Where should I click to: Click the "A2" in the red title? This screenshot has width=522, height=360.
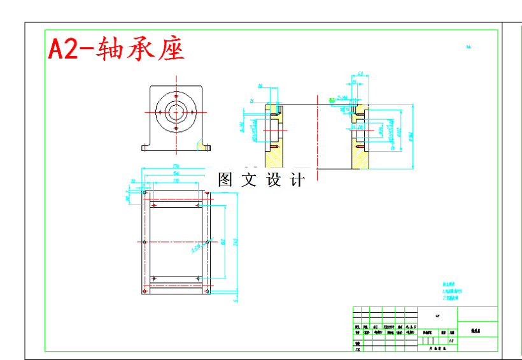tap(64, 48)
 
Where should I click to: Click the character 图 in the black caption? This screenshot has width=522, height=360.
tap(225, 180)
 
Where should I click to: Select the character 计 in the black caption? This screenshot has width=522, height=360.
tap(297, 180)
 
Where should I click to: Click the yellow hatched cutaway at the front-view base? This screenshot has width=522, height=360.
tap(205, 147)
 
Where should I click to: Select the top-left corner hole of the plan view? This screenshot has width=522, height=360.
tap(145, 192)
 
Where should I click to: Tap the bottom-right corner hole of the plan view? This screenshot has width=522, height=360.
tap(207, 291)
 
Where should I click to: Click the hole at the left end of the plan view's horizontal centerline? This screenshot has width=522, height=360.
tap(145, 242)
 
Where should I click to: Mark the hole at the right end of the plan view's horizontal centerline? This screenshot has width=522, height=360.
tap(208, 242)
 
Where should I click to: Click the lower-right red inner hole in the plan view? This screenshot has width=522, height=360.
tap(199, 278)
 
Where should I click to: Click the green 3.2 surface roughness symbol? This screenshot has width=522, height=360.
tap(332, 99)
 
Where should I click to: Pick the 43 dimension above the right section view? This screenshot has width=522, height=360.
tap(360, 75)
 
